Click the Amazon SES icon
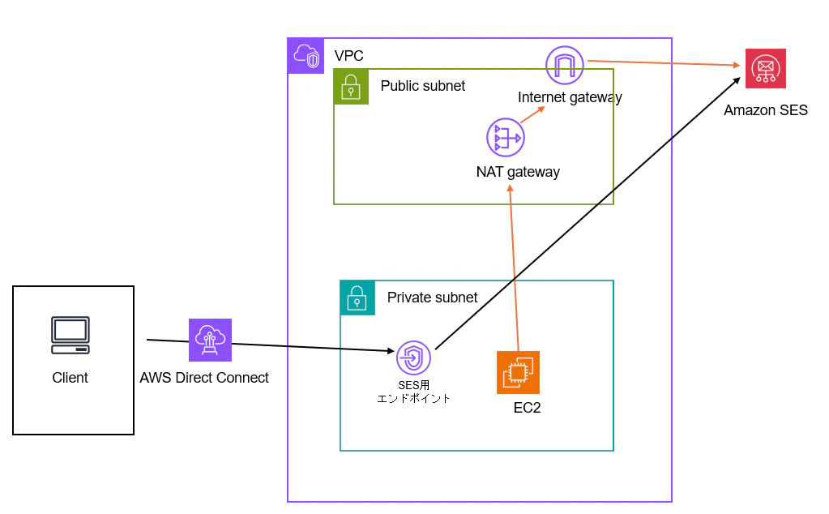[766, 69]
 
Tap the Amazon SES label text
[766, 110]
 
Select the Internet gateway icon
[565, 65]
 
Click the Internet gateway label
[570, 97]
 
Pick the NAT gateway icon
[506, 138]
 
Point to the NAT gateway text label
[518, 172]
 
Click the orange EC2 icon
[518, 372]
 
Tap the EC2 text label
[527, 408]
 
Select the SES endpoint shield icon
[413, 358]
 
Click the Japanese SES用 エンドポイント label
[413, 391]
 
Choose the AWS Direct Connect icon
[210, 340]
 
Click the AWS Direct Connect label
[204, 378]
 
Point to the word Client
[71, 378]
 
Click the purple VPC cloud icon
[306, 56]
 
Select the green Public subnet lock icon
[352, 87]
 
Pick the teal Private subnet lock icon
[357, 298]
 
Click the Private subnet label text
[432, 298]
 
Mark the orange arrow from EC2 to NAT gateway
[514, 268]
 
